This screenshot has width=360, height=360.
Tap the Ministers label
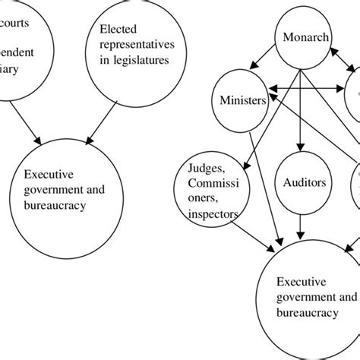(x=241, y=100)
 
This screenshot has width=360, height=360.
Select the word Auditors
(x=304, y=183)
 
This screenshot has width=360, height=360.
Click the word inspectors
(x=213, y=214)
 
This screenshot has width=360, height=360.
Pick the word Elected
(x=118, y=30)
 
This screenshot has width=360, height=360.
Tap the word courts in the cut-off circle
(x=16, y=22)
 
